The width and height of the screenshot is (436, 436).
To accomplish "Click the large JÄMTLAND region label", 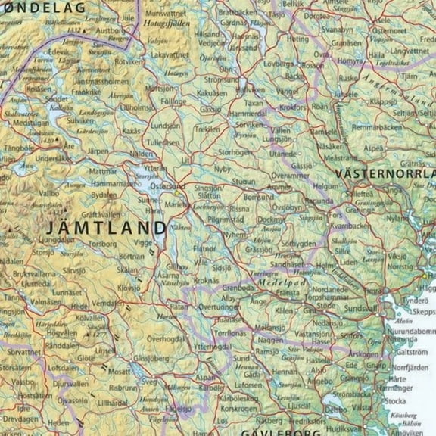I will (x=106, y=228).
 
